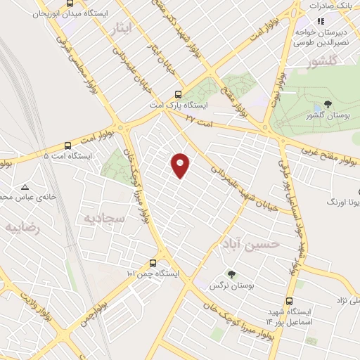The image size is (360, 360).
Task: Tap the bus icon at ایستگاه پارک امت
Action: coord(178,94)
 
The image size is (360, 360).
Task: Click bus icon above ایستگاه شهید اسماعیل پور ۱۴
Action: coord(289,300)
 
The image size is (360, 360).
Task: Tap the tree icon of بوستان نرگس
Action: coord(231,275)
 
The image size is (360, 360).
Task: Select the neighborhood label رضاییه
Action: coord(22,228)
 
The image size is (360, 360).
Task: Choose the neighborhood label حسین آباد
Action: coord(250,243)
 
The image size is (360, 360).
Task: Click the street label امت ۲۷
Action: coord(200,119)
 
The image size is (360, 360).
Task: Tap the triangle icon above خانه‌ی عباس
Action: coord(25,188)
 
